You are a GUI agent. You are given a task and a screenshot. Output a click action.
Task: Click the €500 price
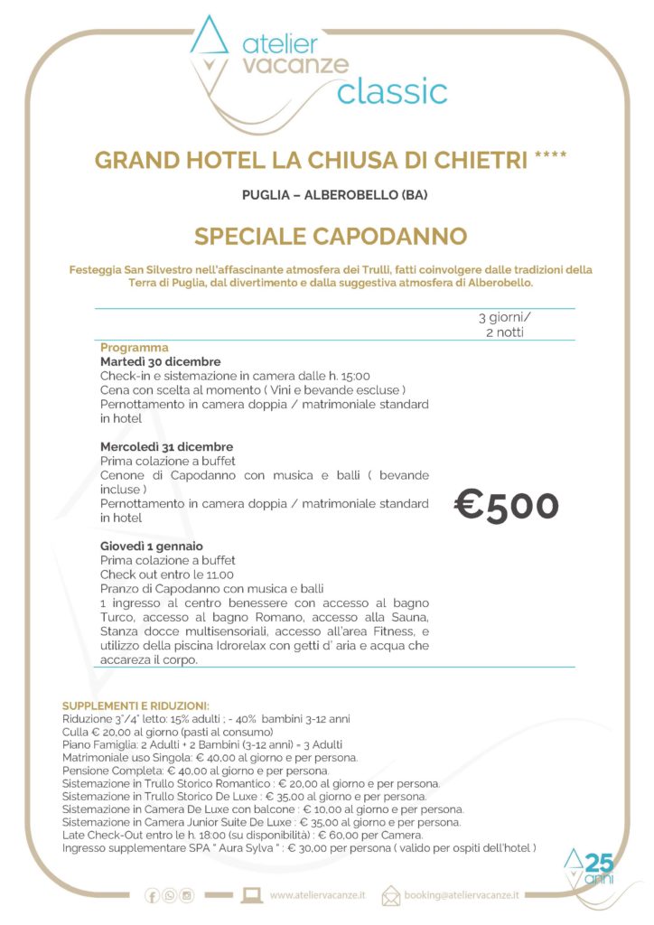click(x=506, y=506)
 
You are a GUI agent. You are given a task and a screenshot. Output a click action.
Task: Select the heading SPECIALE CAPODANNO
click(x=331, y=237)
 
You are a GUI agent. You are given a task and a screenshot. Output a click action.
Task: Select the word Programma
click(x=135, y=347)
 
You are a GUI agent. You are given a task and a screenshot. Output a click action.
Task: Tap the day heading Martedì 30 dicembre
click(x=161, y=361)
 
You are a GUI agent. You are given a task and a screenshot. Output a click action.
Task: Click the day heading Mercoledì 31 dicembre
click(x=166, y=446)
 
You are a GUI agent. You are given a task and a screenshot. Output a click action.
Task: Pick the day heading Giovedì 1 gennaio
click(x=152, y=546)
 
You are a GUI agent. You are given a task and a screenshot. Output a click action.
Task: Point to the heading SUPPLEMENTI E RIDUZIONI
click(x=135, y=705)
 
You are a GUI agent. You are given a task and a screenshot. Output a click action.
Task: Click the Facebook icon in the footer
click(x=153, y=895)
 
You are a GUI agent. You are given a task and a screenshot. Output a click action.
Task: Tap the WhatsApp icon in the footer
click(x=170, y=895)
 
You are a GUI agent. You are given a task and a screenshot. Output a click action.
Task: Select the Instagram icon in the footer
click(x=187, y=895)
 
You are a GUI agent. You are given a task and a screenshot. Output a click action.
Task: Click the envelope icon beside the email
click(x=391, y=895)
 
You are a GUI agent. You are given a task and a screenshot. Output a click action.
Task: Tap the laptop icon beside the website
click(x=252, y=895)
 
